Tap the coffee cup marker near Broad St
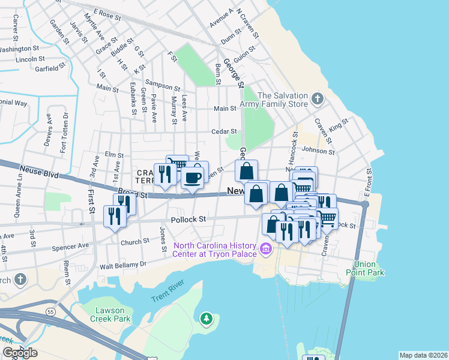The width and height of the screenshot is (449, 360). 191,178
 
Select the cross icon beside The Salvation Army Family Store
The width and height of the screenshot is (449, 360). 318,98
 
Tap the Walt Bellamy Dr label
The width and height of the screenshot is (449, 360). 123,265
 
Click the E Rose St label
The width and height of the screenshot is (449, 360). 107,13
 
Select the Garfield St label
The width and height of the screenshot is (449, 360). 45,69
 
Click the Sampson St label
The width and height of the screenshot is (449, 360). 163,88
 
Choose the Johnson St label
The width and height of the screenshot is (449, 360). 318,151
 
